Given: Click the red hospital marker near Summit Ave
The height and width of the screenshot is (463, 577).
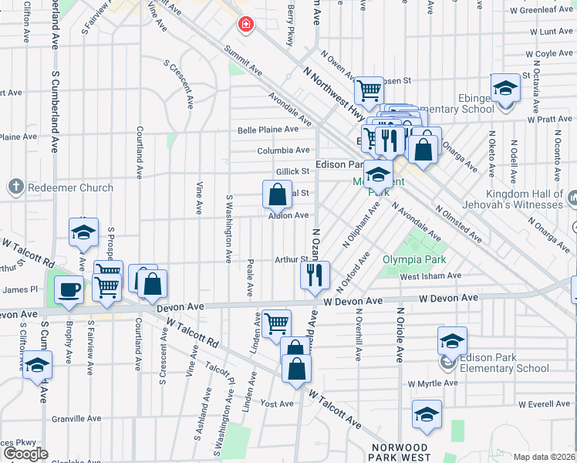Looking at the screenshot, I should point(246,25).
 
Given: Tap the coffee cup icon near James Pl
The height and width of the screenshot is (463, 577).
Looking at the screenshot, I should point(69,289).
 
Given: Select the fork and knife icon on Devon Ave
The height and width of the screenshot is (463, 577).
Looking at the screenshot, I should point(315,275).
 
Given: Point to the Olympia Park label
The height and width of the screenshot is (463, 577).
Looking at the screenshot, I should point(415,260).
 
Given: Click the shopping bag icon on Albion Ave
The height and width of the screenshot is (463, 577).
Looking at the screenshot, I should point(277,194).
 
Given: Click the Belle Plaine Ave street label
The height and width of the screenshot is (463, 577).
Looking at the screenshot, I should point(268,130).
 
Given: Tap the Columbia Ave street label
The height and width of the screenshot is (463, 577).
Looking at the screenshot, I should point(283,150).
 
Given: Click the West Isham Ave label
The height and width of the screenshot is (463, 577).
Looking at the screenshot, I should point(430,276).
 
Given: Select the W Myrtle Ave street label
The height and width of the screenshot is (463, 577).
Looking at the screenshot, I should point(433,384).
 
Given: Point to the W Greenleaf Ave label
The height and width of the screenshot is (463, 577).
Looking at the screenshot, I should point(540,12).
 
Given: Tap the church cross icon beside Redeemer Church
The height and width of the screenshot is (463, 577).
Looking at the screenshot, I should point(15,188).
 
